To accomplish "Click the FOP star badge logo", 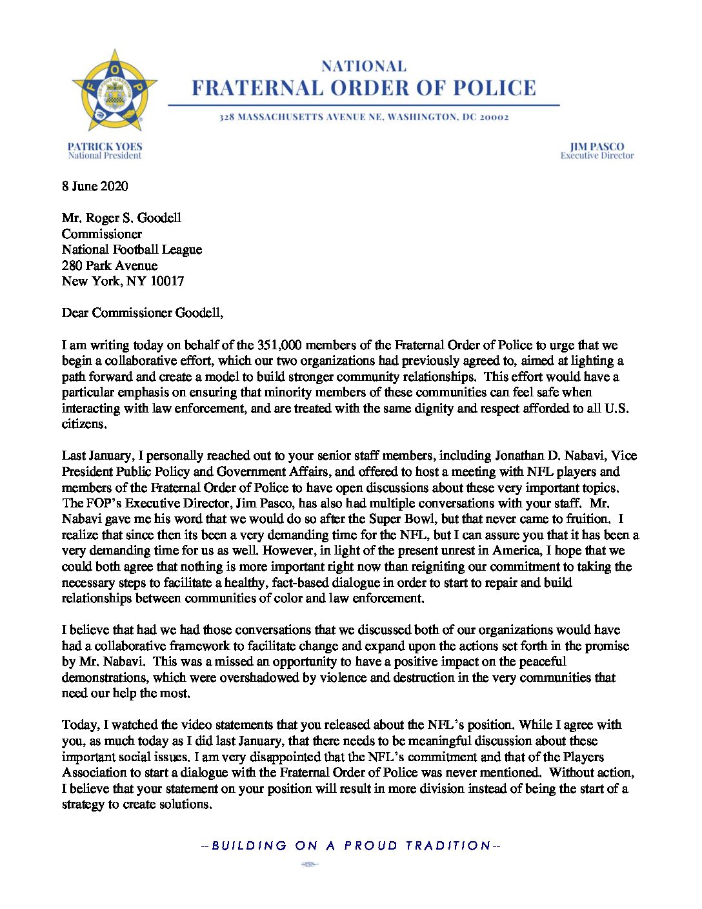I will [114, 90].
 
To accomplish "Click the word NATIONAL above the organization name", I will [364, 66].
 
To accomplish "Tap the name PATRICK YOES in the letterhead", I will [105, 147].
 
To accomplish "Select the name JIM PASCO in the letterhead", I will [597, 147].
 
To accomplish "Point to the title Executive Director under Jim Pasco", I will [597, 156].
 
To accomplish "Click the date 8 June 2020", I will [95, 187].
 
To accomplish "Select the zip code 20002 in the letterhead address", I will [494, 117].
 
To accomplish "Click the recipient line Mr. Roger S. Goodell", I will [121, 218].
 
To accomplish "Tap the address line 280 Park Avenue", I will [110, 265].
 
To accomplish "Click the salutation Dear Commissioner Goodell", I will [142, 313].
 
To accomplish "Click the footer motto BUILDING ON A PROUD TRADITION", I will [351, 846].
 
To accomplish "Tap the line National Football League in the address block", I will [132, 250].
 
